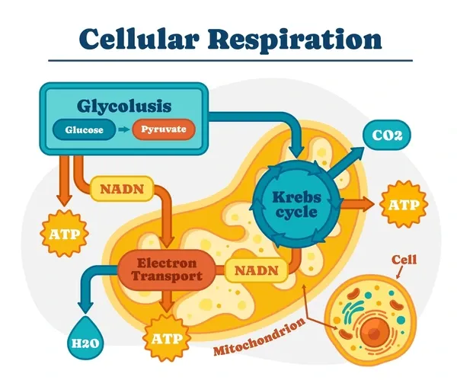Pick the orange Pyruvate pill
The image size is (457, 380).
tap(163, 130)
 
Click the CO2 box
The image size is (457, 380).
tap(386, 137)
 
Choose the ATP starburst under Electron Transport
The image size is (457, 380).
tap(167, 336)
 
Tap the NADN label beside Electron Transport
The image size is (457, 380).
tap(255, 270)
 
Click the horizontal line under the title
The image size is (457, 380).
tap(228, 60)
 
